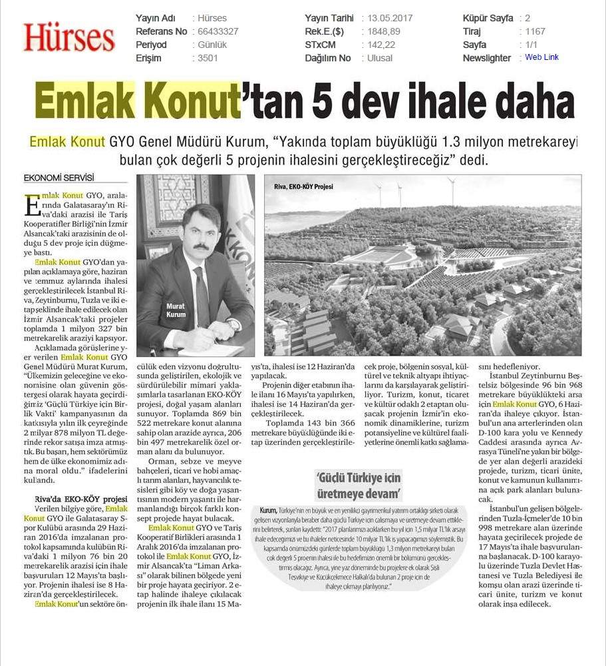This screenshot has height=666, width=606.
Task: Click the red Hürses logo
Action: [69, 37]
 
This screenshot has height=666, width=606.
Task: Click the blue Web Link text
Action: [541, 57]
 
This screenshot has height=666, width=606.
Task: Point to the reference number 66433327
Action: [218, 31]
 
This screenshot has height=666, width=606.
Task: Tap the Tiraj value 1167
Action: [535, 31]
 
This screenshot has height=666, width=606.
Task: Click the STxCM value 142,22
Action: [381, 45]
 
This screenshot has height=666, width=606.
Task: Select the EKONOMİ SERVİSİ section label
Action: [59, 178]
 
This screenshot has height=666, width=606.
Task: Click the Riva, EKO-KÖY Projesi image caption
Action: [303, 186]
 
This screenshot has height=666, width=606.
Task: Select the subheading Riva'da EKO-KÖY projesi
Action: [80, 499]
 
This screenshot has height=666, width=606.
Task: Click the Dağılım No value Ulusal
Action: [380, 58]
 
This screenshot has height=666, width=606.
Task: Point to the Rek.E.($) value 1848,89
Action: [381, 31]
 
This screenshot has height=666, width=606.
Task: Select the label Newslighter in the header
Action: [487, 58]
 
